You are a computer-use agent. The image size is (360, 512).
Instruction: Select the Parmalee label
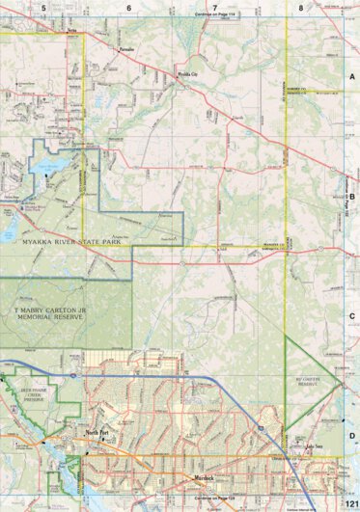click(125, 45)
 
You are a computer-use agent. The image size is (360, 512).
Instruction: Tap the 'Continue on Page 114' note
click(216, 15)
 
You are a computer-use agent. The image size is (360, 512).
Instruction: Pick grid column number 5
click(43, 7)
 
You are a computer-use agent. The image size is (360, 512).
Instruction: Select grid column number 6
click(128, 7)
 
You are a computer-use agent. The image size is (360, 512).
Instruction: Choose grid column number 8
click(301, 7)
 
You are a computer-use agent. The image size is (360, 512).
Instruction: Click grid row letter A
click(352, 76)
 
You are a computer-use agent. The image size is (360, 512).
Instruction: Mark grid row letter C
click(352, 314)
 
